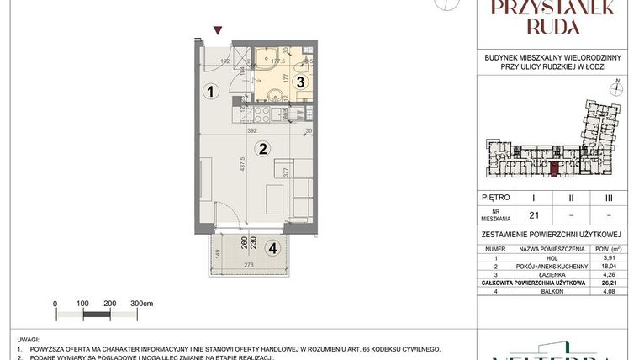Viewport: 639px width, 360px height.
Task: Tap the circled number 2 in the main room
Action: click(x=263, y=150)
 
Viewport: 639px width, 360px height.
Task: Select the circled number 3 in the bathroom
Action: click(x=275, y=82)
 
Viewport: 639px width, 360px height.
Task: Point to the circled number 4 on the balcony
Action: click(x=272, y=248)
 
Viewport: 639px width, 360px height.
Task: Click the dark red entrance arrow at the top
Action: click(x=219, y=31)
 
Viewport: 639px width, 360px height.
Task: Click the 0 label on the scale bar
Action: click(x=55, y=302)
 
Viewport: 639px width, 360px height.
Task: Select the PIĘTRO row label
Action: click(x=496, y=198)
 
